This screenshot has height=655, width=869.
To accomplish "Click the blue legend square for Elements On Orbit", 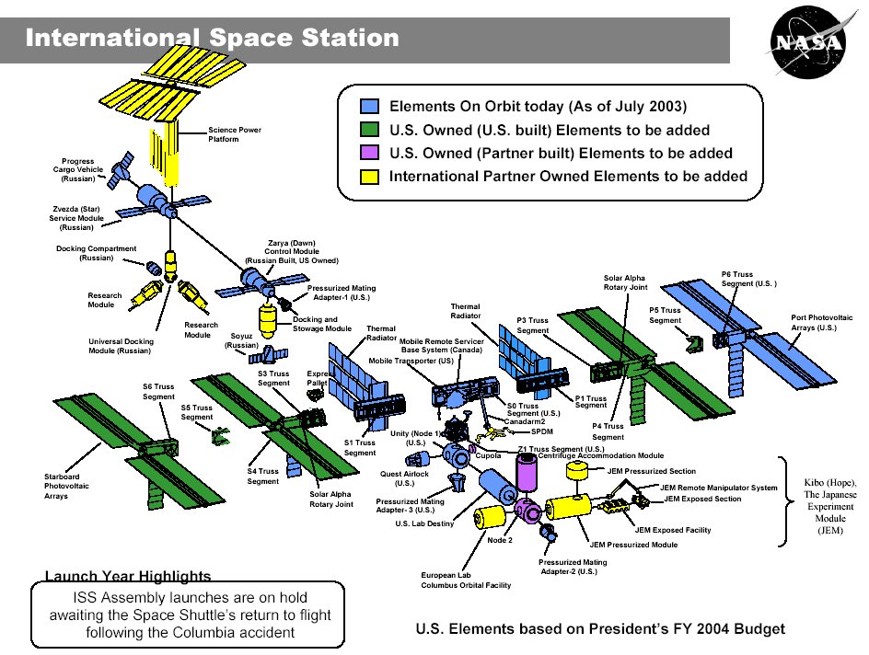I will pyautogui.click(x=369, y=106).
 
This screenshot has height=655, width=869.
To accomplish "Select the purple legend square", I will pyautogui.click(x=369, y=153).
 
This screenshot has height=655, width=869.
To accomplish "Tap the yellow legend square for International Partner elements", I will pyautogui.click(x=369, y=176).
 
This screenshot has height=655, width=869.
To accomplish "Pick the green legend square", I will pyautogui.click(x=369, y=130).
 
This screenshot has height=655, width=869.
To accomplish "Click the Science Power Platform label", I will pyautogui.click(x=235, y=134).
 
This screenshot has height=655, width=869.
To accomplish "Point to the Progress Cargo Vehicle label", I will pyautogui.click(x=77, y=170).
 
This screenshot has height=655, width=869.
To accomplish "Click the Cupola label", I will pyautogui.click(x=488, y=455).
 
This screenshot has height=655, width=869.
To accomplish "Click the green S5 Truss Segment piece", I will pyautogui.click(x=221, y=434).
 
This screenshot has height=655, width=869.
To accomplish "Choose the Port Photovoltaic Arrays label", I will pyautogui.click(x=821, y=322).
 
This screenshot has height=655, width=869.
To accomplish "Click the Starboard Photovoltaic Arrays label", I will pyautogui.click(x=67, y=486).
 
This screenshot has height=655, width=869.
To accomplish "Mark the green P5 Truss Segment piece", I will pyautogui.click(x=694, y=341).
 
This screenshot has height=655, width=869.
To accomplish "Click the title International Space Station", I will pyautogui.click(x=213, y=39).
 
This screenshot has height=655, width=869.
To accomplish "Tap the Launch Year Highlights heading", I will pyautogui.click(x=128, y=576).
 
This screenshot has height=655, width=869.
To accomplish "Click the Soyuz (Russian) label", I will pyautogui.click(x=242, y=340).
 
